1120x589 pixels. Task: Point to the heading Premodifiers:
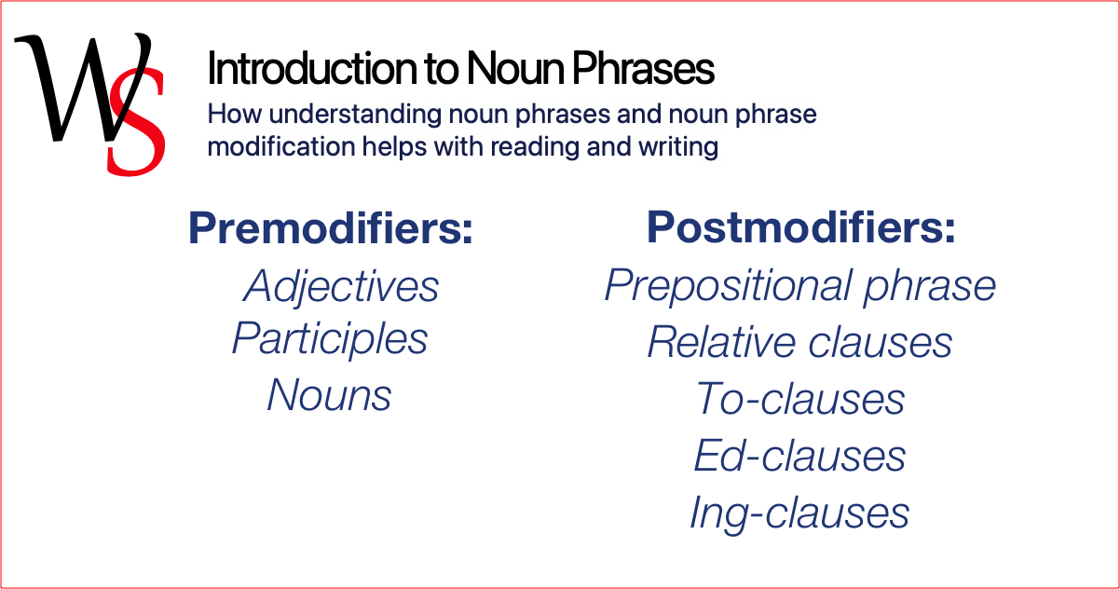point(331,228)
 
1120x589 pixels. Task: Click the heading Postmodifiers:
point(801,228)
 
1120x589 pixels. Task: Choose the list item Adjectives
point(341,286)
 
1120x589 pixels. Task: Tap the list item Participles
point(330,338)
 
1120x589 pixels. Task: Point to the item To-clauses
point(800,399)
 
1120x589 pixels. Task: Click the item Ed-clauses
point(799,456)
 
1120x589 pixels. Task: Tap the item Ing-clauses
point(799,513)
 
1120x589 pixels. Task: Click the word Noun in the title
point(512,69)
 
